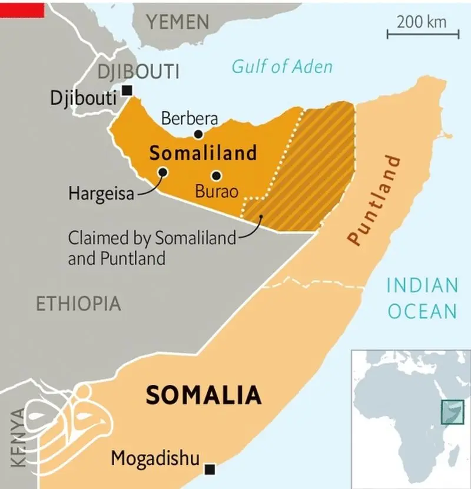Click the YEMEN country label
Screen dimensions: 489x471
click(x=178, y=22)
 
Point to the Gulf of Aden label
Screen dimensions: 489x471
click(x=282, y=67)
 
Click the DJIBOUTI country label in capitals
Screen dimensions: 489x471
click(x=138, y=72)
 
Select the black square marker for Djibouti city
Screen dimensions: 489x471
click(x=127, y=90)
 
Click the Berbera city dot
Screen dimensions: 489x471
click(x=198, y=134)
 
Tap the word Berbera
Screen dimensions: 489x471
click(x=190, y=118)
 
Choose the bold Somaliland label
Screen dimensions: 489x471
click(x=203, y=153)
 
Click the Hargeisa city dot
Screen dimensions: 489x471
click(x=162, y=172)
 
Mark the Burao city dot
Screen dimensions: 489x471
click(x=216, y=175)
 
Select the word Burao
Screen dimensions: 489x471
click(x=217, y=191)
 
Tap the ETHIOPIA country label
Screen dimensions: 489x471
click(x=78, y=304)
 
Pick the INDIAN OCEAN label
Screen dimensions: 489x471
click(x=422, y=298)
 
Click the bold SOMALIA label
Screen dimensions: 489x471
click(x=203, y=395)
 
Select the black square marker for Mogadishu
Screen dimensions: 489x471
click(x=210, y=469)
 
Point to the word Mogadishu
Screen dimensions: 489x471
click(x=155, y=458)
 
